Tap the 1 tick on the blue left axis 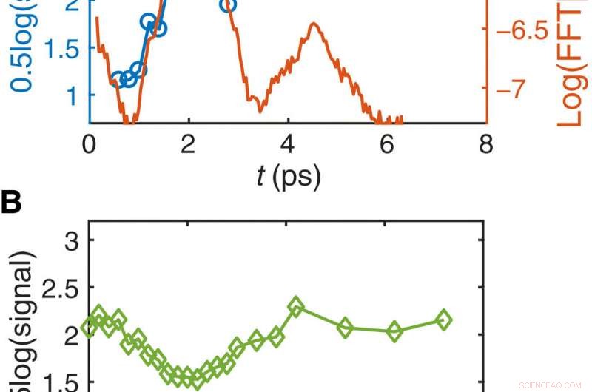[x=75, y=95]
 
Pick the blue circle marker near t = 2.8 [x=228, y=6]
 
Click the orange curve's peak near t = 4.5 [x=315, y=24]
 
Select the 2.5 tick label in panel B [x=63, y=288]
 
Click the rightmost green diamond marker [x=444, y=320]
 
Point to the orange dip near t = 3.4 [x=260, y=110]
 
